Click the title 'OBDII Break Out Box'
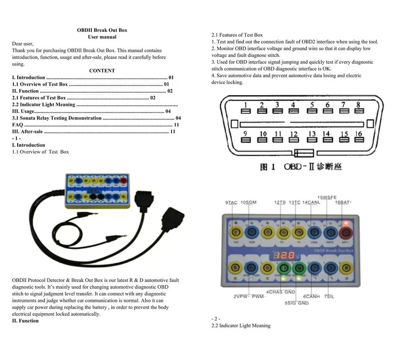pyautogui.click(x=102, y=30)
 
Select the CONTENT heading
pyautogui.click(x=102, y=71)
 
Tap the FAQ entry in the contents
pyautogui.click(x=17, y=125)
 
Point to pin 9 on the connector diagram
pyautogui.click(x=245, y=139)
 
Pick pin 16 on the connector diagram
pyautogui.click(x=359, y=139)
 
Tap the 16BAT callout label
pyautogui.click(x=343, y=202)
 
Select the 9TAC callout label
pyautogui.click(x=231, y=202)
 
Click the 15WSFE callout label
pyautogui.click(x=327, y=198)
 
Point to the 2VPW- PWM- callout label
pyautogui.click(x=249, y=296)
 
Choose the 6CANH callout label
pyautogui.click(x=311, y=296)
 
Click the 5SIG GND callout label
pyautogui.click(x=296, y=303)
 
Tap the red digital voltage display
pyautogui.click(x=284, y=256)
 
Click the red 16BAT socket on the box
pyautogui.click(x=345, y=231)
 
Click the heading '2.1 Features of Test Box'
pyautogui.click(x=237, y=35)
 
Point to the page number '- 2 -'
pyautogui.click(x=216, y=319)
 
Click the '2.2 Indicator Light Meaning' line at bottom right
pyautogui.click(x=240, y=325)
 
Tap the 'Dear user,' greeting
pyautogui.click(x=23, y=44)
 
